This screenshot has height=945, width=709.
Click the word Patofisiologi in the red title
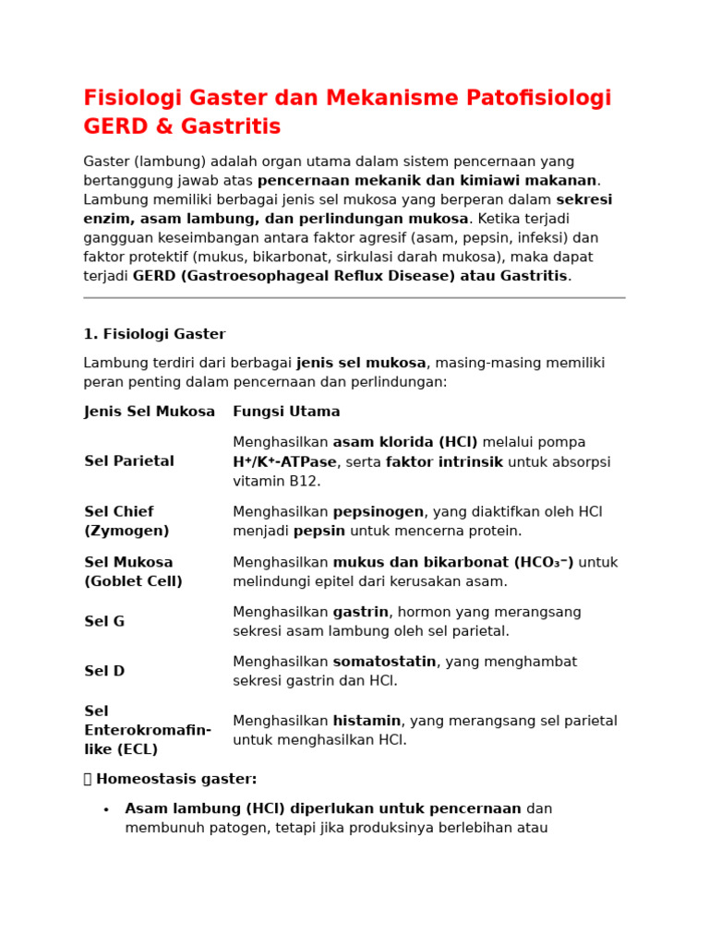527,99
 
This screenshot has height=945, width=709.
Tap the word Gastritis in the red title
231,127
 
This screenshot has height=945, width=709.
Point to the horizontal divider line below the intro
354,298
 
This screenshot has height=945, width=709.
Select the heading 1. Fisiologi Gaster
155,334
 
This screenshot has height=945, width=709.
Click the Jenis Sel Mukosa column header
150,412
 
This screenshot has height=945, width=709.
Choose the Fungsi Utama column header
286,412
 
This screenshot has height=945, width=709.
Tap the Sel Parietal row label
129,461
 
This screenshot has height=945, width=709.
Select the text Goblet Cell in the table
134,581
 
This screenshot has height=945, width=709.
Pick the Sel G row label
104,622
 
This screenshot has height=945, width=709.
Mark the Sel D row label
104,672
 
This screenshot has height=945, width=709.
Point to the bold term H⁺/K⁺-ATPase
284,462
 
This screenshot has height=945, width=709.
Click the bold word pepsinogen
378,512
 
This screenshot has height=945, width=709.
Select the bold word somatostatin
384,662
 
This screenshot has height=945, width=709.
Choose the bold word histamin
367,721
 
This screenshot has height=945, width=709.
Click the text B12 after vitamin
305,482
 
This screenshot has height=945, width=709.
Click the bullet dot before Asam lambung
106,810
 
